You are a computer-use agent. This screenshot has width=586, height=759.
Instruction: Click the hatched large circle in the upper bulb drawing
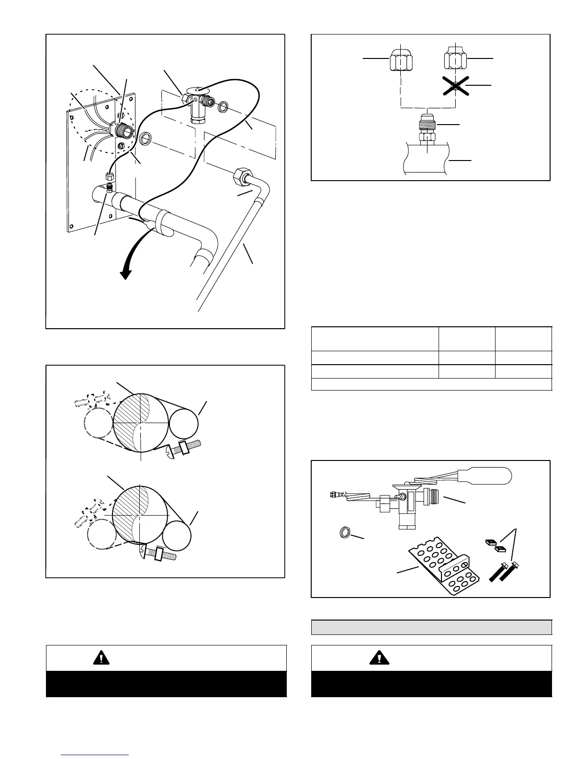141,423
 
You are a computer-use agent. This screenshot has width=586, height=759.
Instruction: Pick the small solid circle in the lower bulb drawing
176,535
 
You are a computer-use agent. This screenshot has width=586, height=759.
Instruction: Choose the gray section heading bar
431,627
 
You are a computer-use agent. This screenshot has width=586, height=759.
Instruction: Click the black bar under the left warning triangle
166,684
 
